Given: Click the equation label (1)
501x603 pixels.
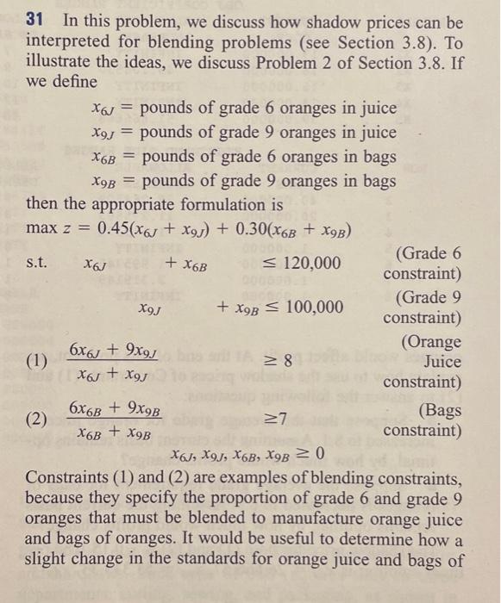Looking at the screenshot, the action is click(x=37, y=362).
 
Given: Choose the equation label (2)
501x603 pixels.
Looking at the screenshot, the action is click(x=37, y=419).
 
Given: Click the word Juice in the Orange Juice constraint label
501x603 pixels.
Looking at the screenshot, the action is click(x=442, y=362).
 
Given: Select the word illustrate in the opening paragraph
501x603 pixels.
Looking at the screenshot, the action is click(x=62, y=63).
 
